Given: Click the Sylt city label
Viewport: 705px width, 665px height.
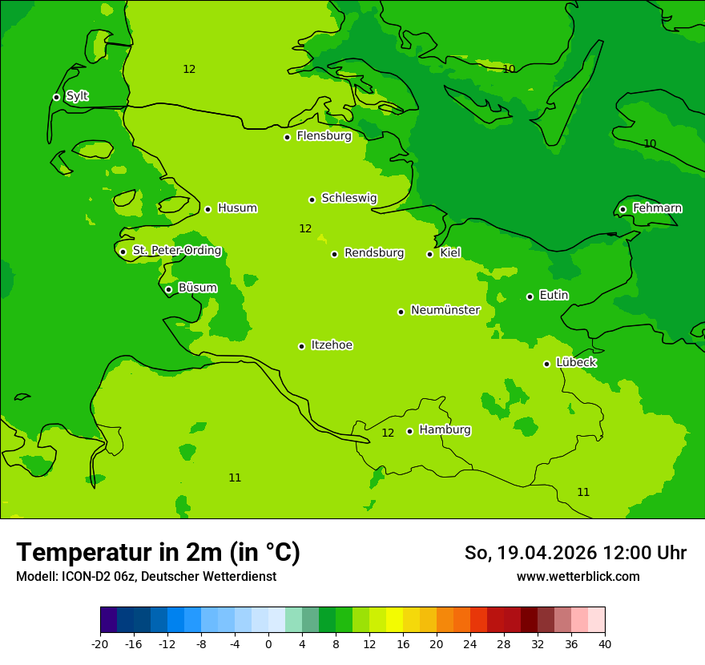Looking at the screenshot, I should [x=77, y=96].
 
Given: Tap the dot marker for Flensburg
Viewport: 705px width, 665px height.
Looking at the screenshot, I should [x=287, y=137].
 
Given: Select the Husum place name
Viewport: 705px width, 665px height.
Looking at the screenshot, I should [x=237, y=208].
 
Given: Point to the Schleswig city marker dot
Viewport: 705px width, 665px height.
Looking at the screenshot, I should [x=312, y=199].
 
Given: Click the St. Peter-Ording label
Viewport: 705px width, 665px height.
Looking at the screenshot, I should [x=176, y=251].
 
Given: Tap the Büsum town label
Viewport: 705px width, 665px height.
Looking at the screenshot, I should [x=197, y=288].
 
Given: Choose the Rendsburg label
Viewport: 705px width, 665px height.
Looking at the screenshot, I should [x=374, y=253].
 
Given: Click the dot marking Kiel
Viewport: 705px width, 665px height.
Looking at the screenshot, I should [x=429, y=254].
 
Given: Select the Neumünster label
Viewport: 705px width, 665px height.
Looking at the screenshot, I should [x=445, y=310].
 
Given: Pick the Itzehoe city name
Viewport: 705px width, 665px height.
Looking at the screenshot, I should [x=332, y=345].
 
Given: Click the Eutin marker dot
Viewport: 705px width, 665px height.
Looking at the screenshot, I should [x=530, y=296].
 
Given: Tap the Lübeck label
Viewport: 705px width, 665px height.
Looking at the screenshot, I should [x=576, y=362].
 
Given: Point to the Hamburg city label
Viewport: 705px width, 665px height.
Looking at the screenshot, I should [x=445, y=429].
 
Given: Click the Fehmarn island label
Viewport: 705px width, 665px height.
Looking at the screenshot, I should [x=657, y=208].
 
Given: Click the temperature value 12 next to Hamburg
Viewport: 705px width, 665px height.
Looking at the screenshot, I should [x=388, y=433].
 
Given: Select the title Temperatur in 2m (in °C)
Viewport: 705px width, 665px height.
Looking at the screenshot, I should [x=158, y=552].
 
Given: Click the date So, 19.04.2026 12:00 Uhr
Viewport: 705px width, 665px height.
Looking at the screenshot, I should [x=575, y=553].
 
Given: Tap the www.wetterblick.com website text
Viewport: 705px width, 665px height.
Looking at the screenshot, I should [x=578, y=576].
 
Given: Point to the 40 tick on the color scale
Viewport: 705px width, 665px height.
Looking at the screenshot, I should [x=604, y=643].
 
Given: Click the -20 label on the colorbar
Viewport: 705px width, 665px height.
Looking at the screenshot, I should [x=100, y=643].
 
